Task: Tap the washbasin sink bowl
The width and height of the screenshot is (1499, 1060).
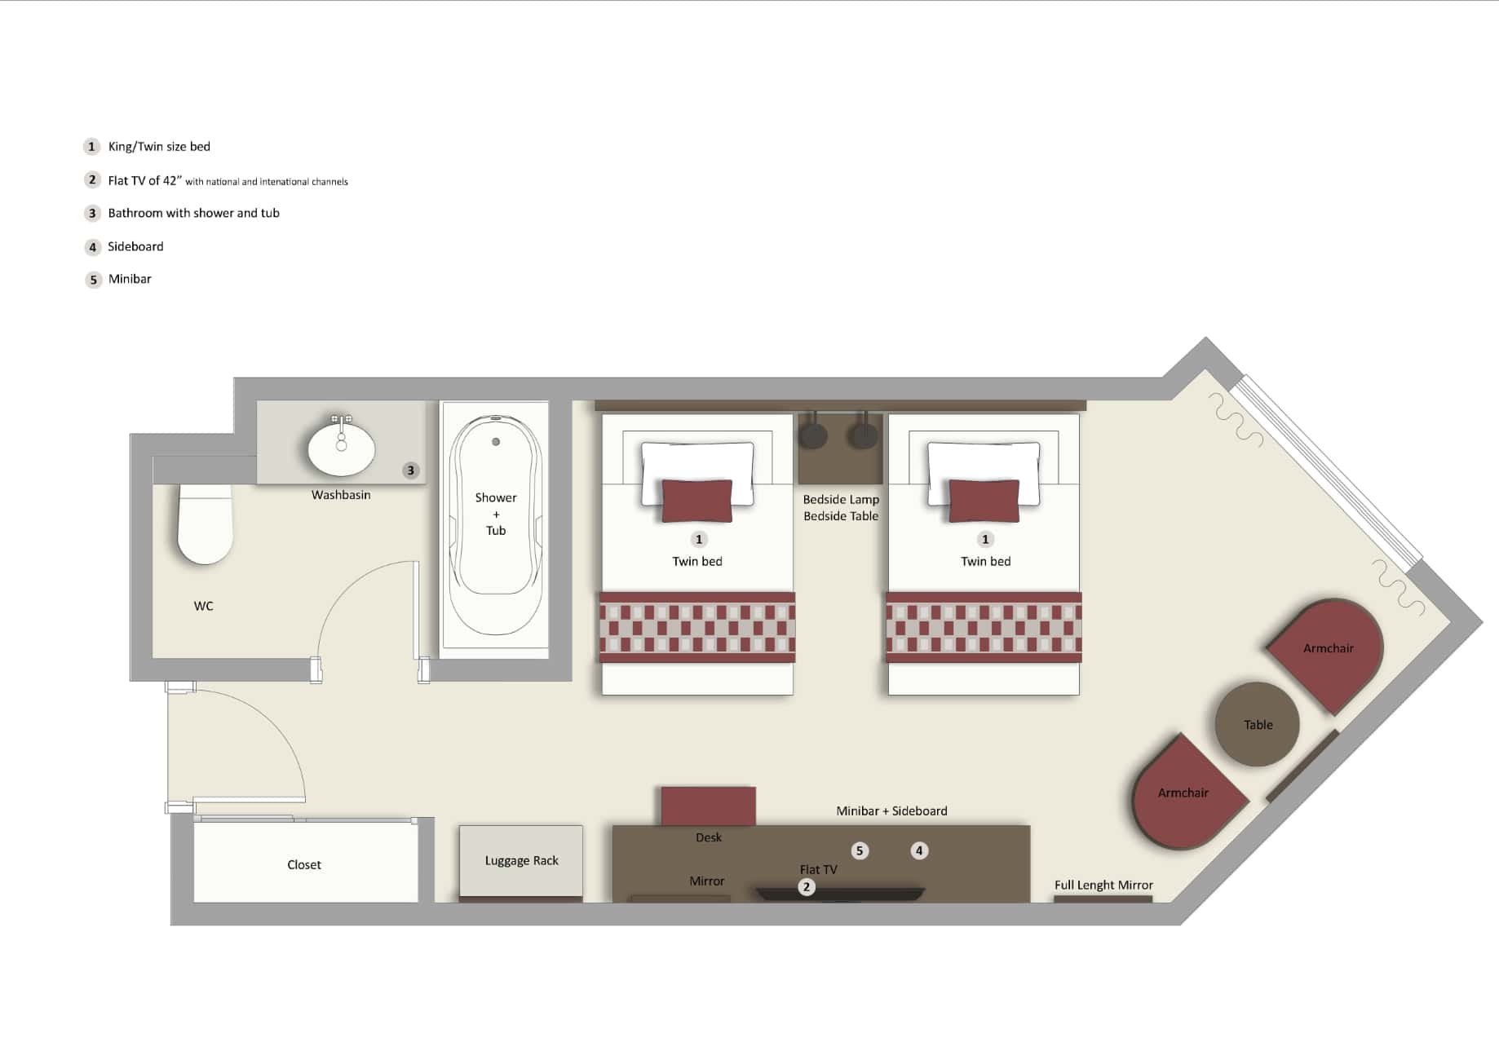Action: tap(342, 449)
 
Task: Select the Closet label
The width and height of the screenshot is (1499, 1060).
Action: tap(304, 864)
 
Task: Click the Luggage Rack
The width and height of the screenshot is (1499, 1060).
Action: tap(521, 861)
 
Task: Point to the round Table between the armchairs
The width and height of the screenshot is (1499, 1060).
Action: tap(1257, 724)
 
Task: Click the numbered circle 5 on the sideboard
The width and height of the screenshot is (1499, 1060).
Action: tap(860, 850)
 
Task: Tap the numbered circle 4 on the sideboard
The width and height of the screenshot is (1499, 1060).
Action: tap(919, 850)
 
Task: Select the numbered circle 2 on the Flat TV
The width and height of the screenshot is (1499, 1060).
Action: tap(807, 886)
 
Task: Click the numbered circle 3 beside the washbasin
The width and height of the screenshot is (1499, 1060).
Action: tap(411, 470)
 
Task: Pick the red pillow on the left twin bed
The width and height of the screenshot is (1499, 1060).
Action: tap(697, 500)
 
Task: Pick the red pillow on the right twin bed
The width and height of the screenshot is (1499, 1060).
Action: tap(984, 500)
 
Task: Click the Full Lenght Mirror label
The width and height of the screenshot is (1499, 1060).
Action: tap(1103, 885)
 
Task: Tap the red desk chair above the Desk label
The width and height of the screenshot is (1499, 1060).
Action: tap(708, 806)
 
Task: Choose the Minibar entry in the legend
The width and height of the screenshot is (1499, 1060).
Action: tap(130, 279)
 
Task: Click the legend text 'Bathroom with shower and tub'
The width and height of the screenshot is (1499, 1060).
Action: tap(193, 213)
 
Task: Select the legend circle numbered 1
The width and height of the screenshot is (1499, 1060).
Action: tap(92, 147)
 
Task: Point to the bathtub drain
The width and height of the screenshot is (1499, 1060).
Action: tap(496, 442)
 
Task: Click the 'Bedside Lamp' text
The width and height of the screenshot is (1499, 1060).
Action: tap(841, 499)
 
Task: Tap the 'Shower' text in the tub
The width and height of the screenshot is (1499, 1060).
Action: tap(496, 497)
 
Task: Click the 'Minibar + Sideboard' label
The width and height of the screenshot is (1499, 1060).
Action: tap(891, 810)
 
